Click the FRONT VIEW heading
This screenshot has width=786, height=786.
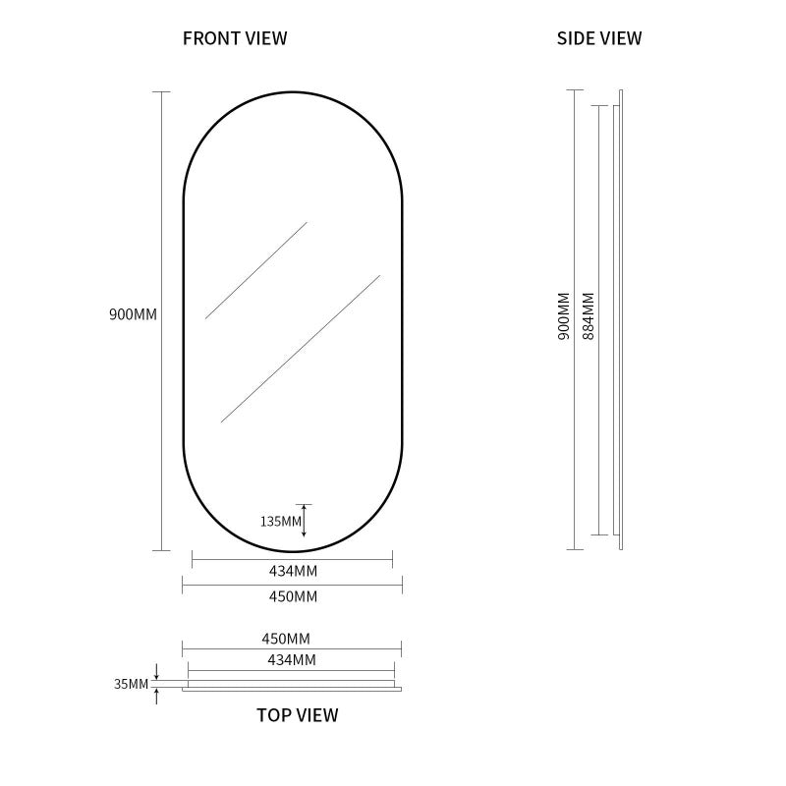tap(235, 38)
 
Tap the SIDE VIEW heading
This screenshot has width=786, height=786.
tap(599, 38)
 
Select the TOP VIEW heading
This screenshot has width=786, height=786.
tap(298, 715)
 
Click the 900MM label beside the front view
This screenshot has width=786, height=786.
tap(133, 314)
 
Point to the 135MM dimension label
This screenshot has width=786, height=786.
tap(281, 522)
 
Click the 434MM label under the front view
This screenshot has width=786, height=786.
tap(293, 571)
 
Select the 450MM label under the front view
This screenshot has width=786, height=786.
tap(293, 596)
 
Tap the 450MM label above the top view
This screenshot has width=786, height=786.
tap(286, 639)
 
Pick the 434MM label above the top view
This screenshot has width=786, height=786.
tap(292, 659)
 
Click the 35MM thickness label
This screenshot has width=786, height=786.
tap(132, 684)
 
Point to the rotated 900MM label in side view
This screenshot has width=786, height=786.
tap(564, 316)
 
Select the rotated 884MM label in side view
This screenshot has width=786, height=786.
tap(588, 316)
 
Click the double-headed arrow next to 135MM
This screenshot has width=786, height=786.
tap(304, 521)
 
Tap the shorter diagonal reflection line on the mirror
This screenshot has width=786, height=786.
tap(256, 270)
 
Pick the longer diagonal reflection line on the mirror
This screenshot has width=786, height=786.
tap(301, 349)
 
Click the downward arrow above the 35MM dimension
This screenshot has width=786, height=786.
tap(156, 672)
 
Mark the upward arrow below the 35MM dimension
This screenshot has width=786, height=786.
tap(156, 696)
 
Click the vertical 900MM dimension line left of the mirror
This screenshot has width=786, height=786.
tap(161, 321)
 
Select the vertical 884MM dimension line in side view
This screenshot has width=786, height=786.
tap(599, 320)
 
